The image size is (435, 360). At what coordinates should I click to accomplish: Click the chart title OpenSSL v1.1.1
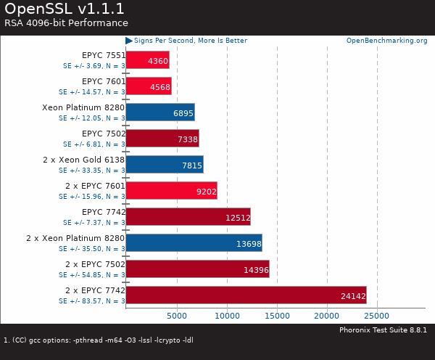point(65,9)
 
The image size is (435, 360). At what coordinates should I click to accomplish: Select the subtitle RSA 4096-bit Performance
point(66,22)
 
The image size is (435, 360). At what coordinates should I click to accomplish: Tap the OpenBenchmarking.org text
point(386,41)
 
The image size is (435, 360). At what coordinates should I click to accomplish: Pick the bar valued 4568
point(149,86)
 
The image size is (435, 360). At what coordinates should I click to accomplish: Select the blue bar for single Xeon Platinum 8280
point(160,112)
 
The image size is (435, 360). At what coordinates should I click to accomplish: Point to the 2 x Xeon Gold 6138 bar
point(165,164)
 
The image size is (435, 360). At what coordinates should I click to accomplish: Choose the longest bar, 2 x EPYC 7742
point(246,295)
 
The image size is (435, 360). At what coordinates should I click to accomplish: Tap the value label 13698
point(248,243)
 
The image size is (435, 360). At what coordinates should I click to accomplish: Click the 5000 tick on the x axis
point(176,316)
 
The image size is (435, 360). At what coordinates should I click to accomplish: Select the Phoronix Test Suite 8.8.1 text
point(384,330)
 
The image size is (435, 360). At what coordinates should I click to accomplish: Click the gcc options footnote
point(99,340)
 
